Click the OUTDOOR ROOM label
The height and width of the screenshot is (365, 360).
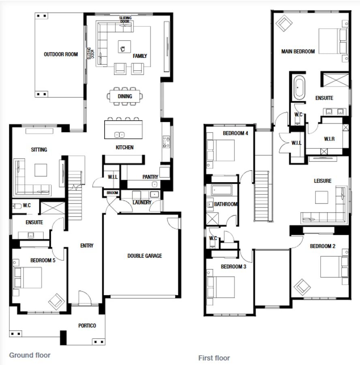click(x=61, y=54)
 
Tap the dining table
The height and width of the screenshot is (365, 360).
click(x=125, y=96)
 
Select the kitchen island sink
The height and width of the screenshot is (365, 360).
click(x=120, y=135)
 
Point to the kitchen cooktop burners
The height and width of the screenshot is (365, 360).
click(x=166, y=142)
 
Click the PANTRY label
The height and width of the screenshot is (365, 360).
click(x=150, y=177)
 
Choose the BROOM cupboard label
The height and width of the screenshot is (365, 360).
click(x=112, y=193)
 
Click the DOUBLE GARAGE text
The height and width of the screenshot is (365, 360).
click(x=144, y=256)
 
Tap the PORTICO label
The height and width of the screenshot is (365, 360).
click(x=87, y=326)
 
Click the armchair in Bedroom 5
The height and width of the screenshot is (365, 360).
click(x=56, y=301)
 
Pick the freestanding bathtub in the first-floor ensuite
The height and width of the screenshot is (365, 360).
click(x=299, y=88)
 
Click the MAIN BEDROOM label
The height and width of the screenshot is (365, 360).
click(x=298, y=52)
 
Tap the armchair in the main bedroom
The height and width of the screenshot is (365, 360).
click(x=284, y=23)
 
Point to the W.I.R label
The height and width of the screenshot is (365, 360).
click(x=329, y=139)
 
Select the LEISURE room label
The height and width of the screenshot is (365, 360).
click(x=323, y=181)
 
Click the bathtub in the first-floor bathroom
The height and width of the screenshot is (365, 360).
click(x=221, y=190)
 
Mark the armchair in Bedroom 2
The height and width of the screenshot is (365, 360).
click(x=302, y=287)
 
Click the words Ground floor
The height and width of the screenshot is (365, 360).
click(x=30, y=355)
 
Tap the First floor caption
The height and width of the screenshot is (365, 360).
click(x=214, y=358)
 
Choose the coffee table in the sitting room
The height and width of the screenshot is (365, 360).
click(x=41, y=170)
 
